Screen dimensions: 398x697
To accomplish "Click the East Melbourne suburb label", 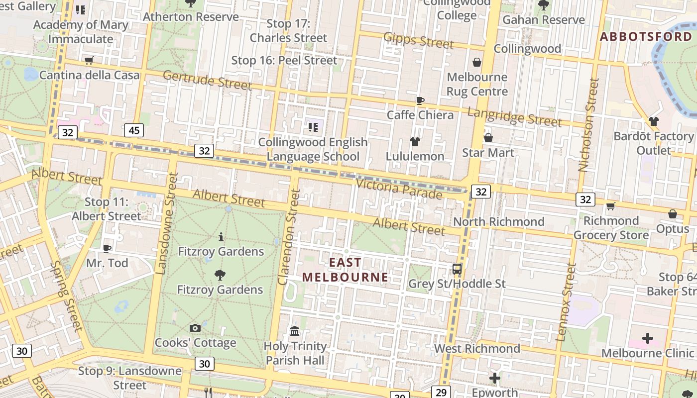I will [x=345, y=270].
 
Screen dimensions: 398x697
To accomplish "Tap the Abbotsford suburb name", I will [x=646, y=37].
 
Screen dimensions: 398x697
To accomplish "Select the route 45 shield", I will [x=134, y=130].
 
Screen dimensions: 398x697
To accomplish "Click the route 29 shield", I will [x=441, y=392].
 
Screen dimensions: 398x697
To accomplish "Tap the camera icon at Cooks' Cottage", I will [x=195, y=328].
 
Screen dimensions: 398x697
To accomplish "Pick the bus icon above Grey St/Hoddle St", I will [x=457, y=269].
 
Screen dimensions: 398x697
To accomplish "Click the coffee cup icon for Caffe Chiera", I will [x=420, y=101].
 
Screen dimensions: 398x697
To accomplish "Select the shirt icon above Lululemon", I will [x=415, y=142].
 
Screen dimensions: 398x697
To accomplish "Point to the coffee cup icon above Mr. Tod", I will [x=107, y=248].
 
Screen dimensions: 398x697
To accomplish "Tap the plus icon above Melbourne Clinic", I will [x=647, y=339].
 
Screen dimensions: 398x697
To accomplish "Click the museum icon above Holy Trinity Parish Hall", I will [x=295, y=331].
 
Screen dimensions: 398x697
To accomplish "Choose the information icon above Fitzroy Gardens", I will [x=221, y=237].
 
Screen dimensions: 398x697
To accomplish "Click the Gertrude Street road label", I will [x=207, y=80].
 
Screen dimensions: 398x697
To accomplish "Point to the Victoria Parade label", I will [x=399, y=189].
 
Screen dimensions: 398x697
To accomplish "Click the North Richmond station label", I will [x=498, y=221].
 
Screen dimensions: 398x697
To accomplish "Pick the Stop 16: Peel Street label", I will [x=284, y=61].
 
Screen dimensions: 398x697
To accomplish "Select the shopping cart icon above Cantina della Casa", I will [x=89, y=61].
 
